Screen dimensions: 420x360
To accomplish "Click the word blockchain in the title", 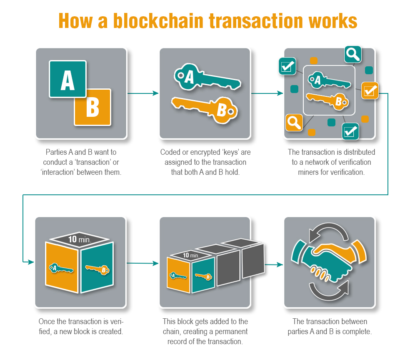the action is pos(158,21).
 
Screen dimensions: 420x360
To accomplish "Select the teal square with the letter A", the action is pos(67,79).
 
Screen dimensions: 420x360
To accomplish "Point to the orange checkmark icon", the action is pos(370,91).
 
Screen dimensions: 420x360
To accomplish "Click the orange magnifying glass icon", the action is pos(294,123).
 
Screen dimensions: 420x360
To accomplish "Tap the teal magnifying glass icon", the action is pos(353,54).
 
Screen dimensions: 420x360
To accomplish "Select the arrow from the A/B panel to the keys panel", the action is pos(143,93).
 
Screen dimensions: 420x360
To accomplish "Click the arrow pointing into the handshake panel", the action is pos(274,264).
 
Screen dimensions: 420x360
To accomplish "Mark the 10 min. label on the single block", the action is pos(80,239).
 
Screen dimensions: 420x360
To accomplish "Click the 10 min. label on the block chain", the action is pos(191,255).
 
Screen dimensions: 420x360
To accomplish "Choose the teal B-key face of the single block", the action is pos(97,267).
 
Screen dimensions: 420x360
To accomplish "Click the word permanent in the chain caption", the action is pos(231,332).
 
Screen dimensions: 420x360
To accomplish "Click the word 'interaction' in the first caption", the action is pos(58,172).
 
